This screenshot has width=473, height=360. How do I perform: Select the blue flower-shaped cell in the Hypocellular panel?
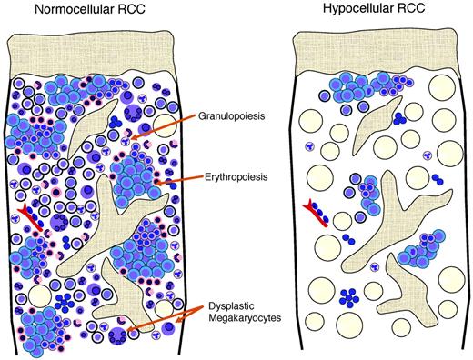pos(349,295)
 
